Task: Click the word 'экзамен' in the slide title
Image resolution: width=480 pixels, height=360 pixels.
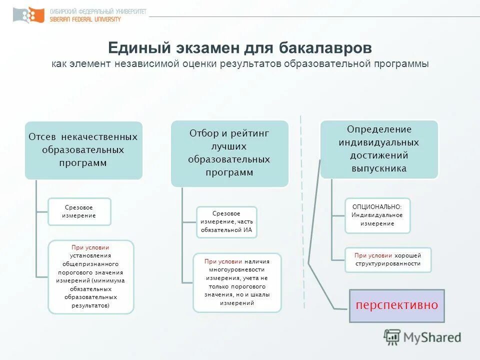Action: (x=208, y=48)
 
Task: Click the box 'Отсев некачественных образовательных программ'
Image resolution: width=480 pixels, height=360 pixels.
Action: (x=83, y=150)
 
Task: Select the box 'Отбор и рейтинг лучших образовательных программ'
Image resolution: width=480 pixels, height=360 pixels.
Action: (x=229, y=153)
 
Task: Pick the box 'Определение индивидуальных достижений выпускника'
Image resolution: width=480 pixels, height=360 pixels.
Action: (x=379, y=149)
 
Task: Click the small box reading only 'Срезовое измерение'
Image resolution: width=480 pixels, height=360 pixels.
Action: (x=79, y=211)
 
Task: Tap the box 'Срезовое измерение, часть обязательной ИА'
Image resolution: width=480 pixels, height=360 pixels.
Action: (x=226, y=222)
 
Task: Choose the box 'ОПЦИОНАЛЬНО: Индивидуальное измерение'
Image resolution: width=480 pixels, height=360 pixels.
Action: (x=377, y=215)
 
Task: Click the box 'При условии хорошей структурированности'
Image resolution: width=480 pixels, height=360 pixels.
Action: (x=387, y=259)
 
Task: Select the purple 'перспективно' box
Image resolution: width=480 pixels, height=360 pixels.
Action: (x=396, y=305)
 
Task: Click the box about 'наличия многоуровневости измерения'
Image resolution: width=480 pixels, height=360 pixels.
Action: (x=237, y=282)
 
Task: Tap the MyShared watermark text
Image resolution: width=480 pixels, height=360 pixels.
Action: (x=433, y=337)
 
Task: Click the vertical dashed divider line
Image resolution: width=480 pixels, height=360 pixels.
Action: (x=300, y=200)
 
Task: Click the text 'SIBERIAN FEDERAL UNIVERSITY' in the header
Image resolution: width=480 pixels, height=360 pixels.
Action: (x=85, y=19)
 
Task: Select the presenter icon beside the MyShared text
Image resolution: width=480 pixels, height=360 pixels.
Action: (x=392, y=337)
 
